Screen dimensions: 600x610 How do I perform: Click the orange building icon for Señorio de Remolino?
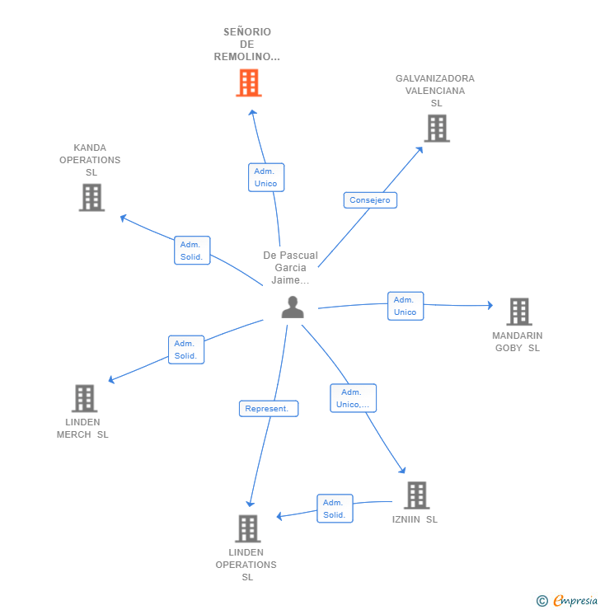coord(249,83)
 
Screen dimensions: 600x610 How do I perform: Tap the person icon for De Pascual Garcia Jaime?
coord(293,307)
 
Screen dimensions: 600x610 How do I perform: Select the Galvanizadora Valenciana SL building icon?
coord(437,129)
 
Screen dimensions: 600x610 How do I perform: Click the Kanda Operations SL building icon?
coord(91,198)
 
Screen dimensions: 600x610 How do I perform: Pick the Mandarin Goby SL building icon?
coord(519,312)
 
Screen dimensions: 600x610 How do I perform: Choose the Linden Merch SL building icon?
coord(84,398)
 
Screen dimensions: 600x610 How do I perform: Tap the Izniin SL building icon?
coord(417,495)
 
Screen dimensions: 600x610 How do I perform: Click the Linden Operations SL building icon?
coord(248,528)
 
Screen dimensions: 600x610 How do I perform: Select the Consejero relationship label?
coord(370,200)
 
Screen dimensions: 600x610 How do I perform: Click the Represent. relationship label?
coord(269,409)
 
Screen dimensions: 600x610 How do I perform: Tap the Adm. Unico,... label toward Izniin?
coord(353,398)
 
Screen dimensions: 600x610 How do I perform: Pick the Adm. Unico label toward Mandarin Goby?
coord(405,306)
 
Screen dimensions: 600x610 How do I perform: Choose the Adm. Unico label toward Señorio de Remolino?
coord(266,177)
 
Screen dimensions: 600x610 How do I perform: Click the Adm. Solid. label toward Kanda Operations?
coord(192,251)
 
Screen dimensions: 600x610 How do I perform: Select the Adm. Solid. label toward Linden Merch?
coord(186,350)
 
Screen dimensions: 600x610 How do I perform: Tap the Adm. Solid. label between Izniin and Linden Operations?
coord(335,509)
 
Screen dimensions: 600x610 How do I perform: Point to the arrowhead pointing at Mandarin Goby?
coord(490,305)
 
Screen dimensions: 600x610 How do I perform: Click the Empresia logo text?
coord(575,600)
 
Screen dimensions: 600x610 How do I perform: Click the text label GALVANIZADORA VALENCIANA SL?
coord(435,91)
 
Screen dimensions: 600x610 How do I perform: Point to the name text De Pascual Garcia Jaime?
coord(290,268)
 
